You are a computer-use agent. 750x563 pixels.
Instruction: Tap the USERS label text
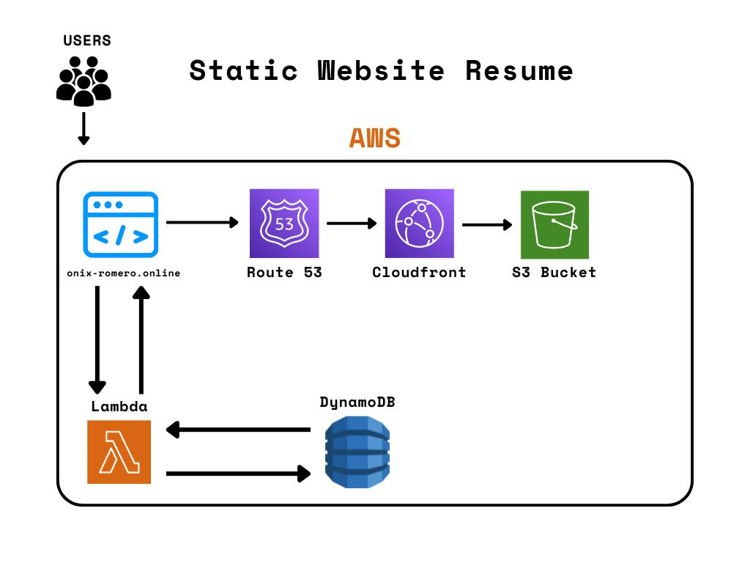(x=87, y=40)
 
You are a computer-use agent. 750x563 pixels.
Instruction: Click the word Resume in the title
(x=519, y=71)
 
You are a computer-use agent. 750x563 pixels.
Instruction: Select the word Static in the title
(x=243, y=71)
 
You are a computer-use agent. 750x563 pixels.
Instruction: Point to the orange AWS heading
(x=374, y=138)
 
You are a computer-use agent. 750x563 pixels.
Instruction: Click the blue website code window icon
(x=120, y=224)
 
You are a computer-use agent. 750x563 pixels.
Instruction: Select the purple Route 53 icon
(x=284, y=224)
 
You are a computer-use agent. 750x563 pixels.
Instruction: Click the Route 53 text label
(x=284, y=273)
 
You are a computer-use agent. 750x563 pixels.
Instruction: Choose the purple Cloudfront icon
(x=419, y=224)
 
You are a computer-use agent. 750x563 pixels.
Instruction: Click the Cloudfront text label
(x=419, y=273)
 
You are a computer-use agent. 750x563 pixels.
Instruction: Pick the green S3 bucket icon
(x=554, y=224)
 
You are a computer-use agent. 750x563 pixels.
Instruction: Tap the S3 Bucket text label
(x=554, y=273)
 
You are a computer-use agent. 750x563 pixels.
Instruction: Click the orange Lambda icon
(x=119, y=452)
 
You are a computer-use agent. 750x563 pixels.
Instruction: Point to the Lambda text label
(x=119, y=406)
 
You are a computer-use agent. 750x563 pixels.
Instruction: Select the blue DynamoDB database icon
(x=357, y=452)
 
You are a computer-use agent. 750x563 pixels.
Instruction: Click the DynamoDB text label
(x=357, y=402)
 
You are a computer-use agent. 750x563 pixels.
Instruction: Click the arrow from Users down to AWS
(x=83, y=128)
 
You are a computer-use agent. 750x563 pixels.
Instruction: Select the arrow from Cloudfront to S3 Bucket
(x=487, y=224)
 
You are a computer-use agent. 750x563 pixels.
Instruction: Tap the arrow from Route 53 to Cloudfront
(x=352, y=222)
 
